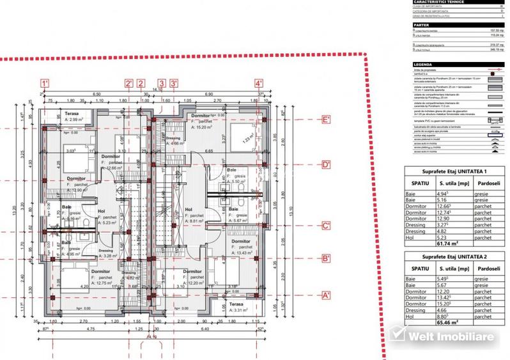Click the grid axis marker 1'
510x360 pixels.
(x=45, y=83)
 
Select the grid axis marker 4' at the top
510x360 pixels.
(x=259, y=83)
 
